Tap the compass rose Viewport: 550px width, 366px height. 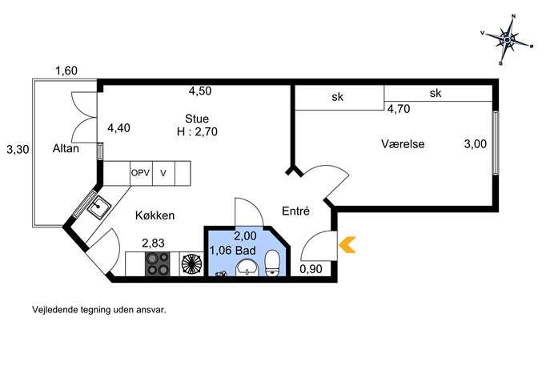(x=507, y=40)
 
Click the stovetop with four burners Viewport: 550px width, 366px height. (x=157, y=263)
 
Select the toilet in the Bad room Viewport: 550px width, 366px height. (x=272, y=263)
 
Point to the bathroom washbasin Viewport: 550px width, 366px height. (x=247, y=268)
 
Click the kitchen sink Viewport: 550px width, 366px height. (x=99, y=207)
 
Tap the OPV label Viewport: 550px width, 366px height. (x=140, y=173)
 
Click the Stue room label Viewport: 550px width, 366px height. (x=197, y=119)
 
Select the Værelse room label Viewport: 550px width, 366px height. (x=403, y=144)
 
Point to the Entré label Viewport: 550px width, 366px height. (x=295, y=211)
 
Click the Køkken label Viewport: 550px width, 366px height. (x=155, y=215)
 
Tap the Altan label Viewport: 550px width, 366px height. (x=66, y=148)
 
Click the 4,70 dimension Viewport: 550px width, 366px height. (x=399, y=109)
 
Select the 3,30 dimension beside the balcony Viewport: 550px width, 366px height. (x=18, y=150)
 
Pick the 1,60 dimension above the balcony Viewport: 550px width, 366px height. (x=66, y=71)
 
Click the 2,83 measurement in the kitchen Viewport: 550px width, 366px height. (x=153, y=243)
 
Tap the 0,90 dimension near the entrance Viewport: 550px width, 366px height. (x=311, y=269)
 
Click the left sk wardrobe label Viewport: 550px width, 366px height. (x=337, y=97)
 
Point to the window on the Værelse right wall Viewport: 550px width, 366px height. (x=496, y=143)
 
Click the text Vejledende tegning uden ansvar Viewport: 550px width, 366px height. (x=99, y=310)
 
